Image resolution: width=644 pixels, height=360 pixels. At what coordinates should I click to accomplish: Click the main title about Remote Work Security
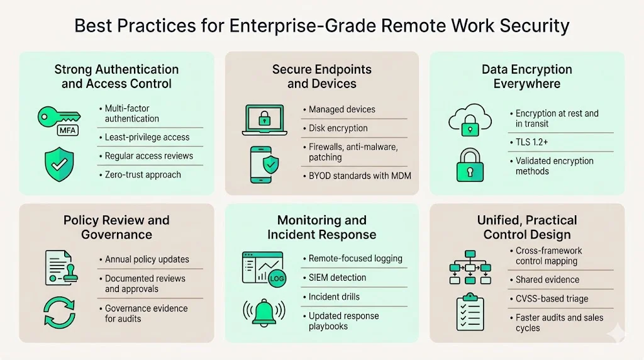tap(321, 26)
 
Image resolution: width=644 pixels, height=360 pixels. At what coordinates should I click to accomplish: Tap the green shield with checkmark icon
tap(58, 164)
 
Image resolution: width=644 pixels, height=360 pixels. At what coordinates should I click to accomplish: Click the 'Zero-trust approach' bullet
tap(143, 174)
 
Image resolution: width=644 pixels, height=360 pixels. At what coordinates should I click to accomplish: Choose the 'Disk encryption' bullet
tap(338, 128)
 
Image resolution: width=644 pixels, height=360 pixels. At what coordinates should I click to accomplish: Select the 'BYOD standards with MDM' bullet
tap(360, 176)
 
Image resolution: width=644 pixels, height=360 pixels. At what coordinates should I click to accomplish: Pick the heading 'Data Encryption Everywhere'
tap(527, 76)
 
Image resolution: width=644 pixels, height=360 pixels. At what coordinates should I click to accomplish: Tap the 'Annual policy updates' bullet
tap(147, 259)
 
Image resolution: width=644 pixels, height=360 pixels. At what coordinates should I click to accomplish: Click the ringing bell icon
tap(264, 312)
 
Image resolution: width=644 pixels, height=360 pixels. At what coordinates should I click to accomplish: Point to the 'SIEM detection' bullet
tap(337, 278)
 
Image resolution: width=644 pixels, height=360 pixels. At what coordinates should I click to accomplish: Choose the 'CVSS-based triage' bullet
tap(543, 299)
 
